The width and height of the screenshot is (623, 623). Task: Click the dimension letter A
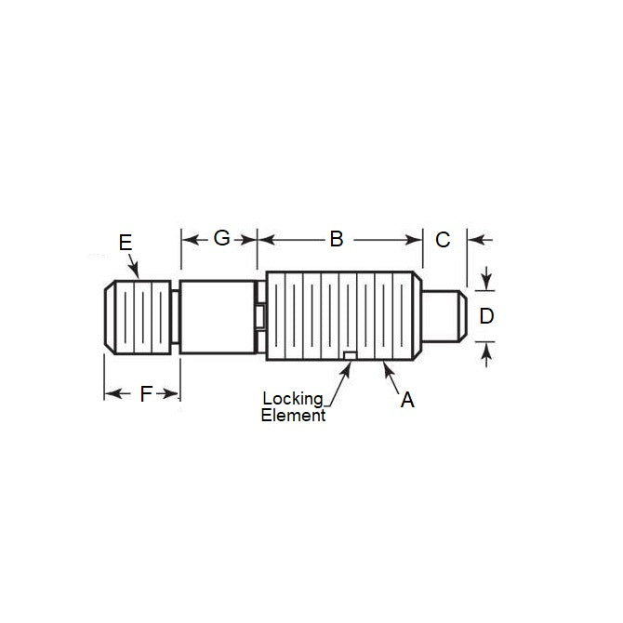point(406,400)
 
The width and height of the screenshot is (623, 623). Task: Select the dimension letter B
point(337,239)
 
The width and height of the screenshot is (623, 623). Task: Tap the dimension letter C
point(443,239)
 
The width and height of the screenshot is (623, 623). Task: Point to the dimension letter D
point(485,316)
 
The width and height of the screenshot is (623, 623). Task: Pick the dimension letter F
point(145,394)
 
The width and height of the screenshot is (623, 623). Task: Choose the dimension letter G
point(221,239)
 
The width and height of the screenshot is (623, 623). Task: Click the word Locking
point(293,399)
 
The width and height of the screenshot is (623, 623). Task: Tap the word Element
point(293,416)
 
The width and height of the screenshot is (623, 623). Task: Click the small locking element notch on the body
point(349,355)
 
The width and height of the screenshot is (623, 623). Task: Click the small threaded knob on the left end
point(139,317)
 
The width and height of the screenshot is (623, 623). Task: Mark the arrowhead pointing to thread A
point(384,368)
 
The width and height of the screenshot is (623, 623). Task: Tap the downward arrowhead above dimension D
point(485,282)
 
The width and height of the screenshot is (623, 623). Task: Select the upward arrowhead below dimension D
point(485,350)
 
